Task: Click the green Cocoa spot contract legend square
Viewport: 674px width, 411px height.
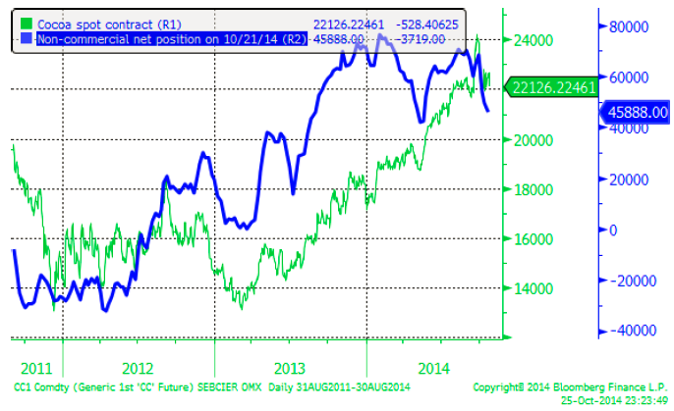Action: coord(26,22)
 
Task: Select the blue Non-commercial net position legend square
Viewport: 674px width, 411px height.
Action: coord(26,38)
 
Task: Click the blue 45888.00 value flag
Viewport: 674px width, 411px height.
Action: coord(634,112)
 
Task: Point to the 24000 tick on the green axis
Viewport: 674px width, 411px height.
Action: coord(531,40)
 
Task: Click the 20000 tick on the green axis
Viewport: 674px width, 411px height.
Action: coord(531,140)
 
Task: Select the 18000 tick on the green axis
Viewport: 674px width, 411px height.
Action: coord(531,189)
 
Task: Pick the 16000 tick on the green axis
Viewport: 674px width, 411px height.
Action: coord(531,239)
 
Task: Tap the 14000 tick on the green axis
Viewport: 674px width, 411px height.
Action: coord(531,288)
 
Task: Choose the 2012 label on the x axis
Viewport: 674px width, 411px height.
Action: coord(138,368)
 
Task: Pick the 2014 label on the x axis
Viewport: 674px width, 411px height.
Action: coord(434,368)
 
